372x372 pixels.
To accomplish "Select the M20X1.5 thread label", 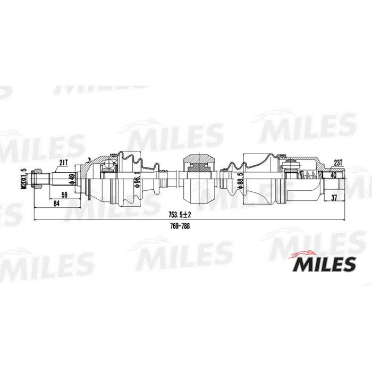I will [x=23, y=180].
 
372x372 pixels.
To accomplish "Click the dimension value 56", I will [x=64, y=195].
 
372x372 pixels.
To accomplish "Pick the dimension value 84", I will [x=55, y=204].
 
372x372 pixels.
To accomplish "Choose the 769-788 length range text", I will [x=180, y=225].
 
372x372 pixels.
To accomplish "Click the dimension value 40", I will [x=333, y=174].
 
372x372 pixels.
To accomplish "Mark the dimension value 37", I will [x=334, y=198].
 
